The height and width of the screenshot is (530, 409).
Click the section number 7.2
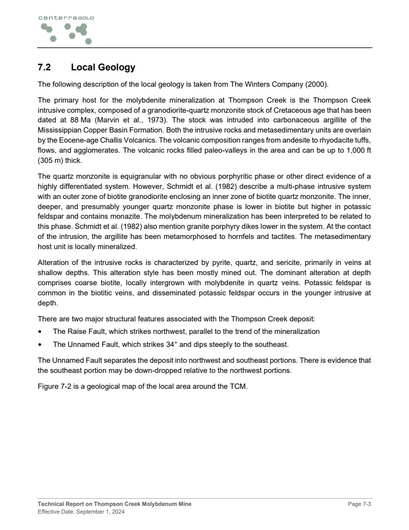click(44, 67)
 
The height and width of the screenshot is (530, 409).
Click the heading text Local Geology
click(103, 67)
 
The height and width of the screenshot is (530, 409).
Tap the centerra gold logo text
click(66, 18)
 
